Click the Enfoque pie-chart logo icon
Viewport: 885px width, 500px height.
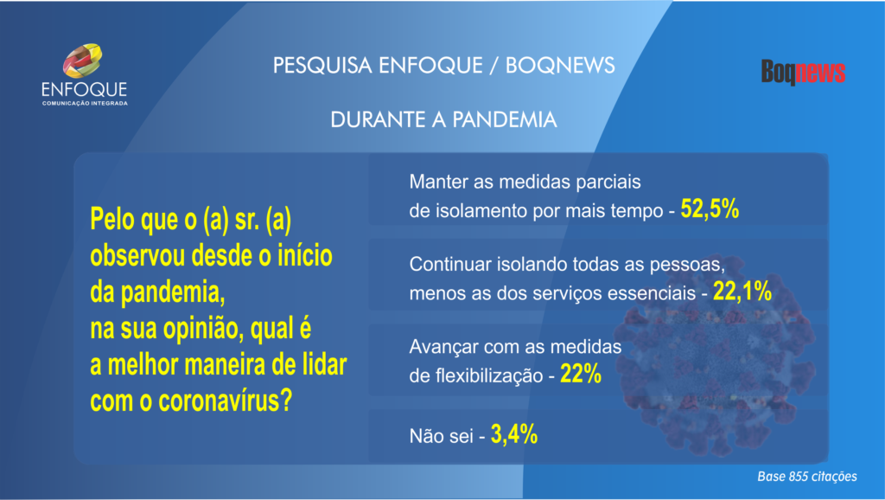tap(82, 61)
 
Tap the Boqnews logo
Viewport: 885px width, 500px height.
tap(803, 72)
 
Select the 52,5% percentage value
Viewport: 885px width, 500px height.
tap(710, 209)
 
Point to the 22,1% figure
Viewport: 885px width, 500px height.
tap(742, 292)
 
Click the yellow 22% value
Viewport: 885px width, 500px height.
tap(580, 374)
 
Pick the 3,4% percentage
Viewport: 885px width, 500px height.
tap(514, 434)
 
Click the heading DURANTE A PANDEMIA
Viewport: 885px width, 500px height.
tap(443, 119)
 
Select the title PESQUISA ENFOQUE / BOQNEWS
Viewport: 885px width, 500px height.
tap(443, 66)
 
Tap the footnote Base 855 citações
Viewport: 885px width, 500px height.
tap(807, 477)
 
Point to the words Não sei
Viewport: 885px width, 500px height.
tap(442, 436)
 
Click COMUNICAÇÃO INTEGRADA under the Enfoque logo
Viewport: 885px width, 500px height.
tap(85, 104)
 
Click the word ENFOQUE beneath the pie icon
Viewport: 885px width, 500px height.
tap(84, 89)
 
